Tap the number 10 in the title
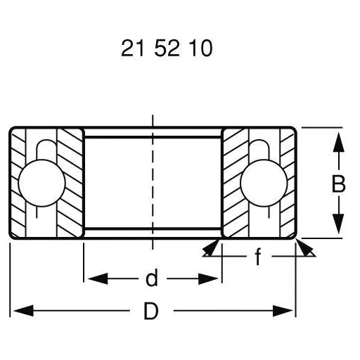pyautogui.click(x=199, y=49)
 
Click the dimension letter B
pyautogui.click(x=338, y=184)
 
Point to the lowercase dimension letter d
pyautogui.click(x=151, y=279)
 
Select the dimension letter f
pyautogui.click(x=257, y=258)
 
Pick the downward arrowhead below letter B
pyautogui.click(x=338, y=226)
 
